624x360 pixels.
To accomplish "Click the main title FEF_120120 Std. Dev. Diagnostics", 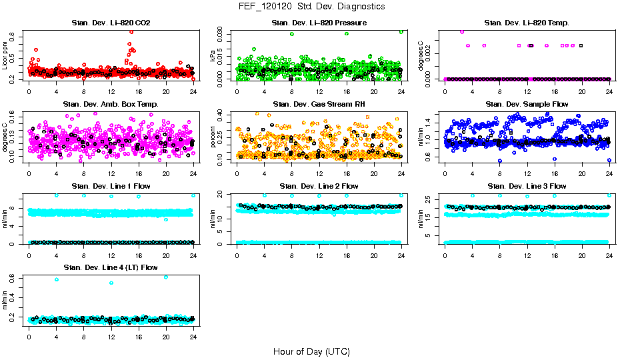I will click(x=311, y=7).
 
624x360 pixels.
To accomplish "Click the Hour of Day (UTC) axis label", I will click(x=311, y=351).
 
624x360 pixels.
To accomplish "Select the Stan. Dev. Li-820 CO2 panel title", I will click(x=111, y=23).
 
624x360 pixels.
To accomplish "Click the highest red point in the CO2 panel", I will click(x=131, y=31).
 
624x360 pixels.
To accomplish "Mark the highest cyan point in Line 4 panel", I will click(x=166, y=277).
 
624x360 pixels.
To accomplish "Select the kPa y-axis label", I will click(x=214, y=57).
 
